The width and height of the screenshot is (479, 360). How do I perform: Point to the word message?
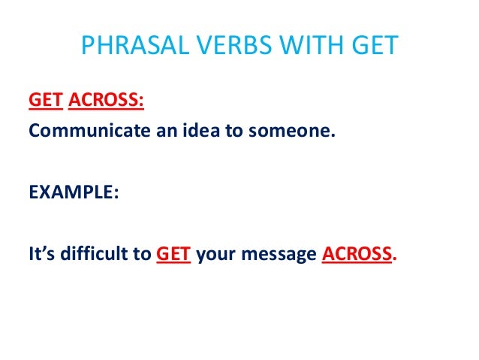point(282,254)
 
